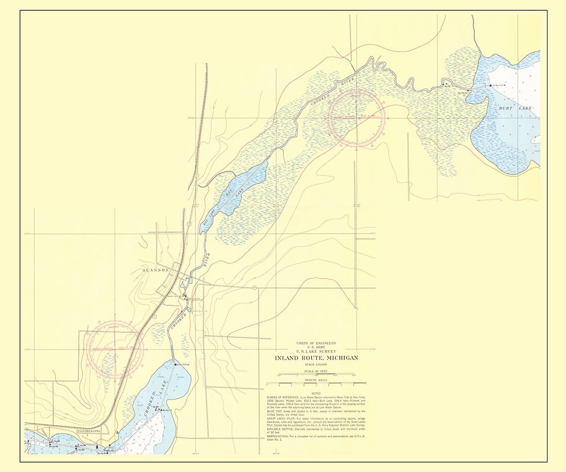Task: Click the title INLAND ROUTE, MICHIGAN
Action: tap(317, 358)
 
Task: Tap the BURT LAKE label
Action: tap(515, 108)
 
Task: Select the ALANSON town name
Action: tap(157, 270)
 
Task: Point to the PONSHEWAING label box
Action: tap(92, 431)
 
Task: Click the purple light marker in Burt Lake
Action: tap(491, 85)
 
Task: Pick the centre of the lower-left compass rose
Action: tap(114, 348)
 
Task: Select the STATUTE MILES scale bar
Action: tap(316, 384)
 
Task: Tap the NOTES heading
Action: tap(316, 393)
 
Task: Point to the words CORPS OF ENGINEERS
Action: tap(316, 342)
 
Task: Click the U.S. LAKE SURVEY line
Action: tap(316, 351)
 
